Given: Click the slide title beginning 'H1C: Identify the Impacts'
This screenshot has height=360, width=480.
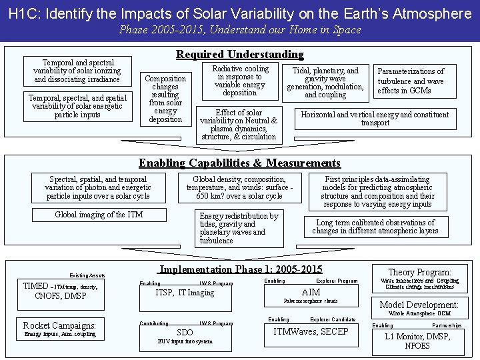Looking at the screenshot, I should tap(239, 13).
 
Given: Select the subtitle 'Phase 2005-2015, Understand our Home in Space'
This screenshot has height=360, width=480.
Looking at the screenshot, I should tap(239, 30).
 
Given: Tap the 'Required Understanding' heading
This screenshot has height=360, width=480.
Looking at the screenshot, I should tap(239, 54).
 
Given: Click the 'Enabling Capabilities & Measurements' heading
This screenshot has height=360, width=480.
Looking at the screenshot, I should tap(239, 163).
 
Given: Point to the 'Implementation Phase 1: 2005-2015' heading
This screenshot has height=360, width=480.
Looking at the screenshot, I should tap(241, 269).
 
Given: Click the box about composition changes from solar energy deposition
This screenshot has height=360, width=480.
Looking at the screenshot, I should tap(165, 99).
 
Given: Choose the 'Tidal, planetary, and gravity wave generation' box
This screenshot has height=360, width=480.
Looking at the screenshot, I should tap(325, 83).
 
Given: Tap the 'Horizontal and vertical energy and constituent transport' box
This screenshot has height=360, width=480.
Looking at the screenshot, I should tap(375, 119).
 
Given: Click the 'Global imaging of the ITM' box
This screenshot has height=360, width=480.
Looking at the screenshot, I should tap(99, 215).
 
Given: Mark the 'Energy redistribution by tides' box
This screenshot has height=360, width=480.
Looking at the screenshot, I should tap(239, 228).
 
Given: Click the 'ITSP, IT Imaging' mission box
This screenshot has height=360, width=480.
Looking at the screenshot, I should tap(185, 293).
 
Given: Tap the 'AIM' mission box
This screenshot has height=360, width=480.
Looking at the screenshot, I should tap(311, 293).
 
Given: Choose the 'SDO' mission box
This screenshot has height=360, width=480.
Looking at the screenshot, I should tap(185, 333).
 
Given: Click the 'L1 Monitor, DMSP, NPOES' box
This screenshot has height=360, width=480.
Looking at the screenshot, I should tap(417, 341).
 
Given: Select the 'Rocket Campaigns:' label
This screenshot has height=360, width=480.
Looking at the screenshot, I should tap(60, 325).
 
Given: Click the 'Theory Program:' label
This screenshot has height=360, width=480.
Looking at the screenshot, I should tap(419, 272).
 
